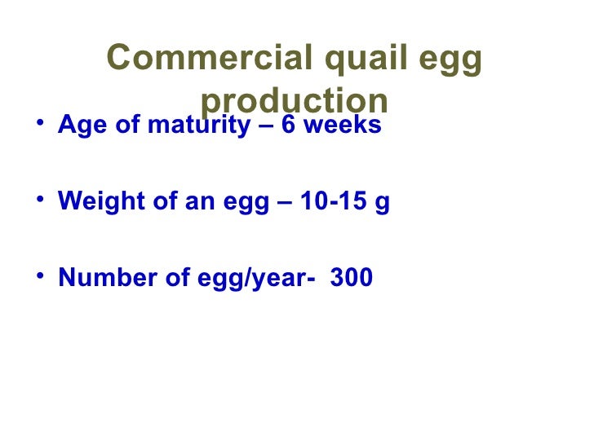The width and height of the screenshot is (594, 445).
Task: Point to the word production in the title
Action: tap(294, 101)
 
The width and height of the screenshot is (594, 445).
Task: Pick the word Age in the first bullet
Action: tap(79, 127)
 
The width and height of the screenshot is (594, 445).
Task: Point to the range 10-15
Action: tap(332, 202)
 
